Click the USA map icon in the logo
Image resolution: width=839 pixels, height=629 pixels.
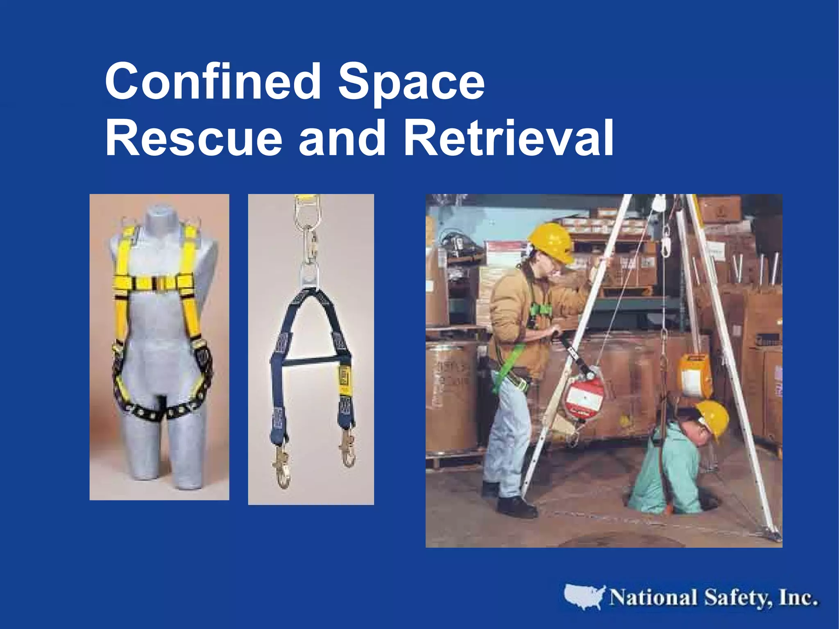point(584,597)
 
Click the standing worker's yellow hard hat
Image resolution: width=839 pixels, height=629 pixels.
point(551,242)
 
